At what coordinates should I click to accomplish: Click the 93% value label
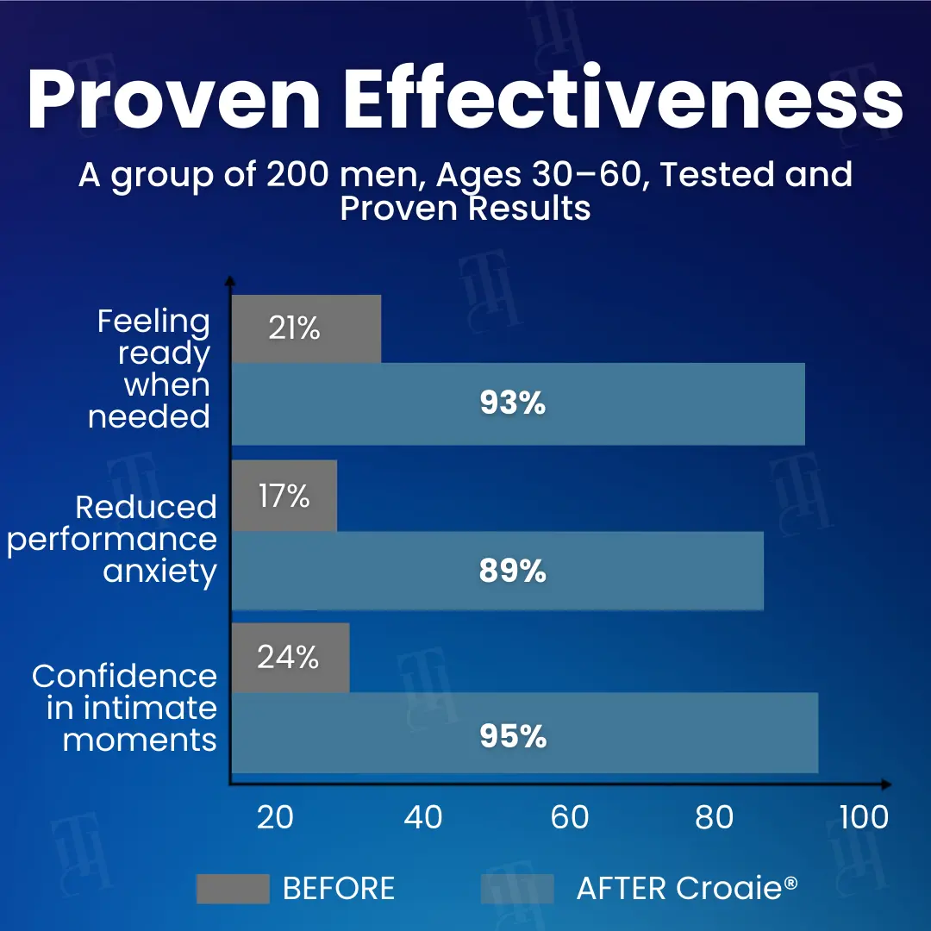[513, 403]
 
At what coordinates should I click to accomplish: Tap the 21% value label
[294, 328]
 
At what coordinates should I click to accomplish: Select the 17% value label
[284, 496]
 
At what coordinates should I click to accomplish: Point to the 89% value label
[513, 571]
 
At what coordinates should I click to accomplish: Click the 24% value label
[288, 658]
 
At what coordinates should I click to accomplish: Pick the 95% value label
[513, 737]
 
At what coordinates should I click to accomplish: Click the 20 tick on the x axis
[276, 817]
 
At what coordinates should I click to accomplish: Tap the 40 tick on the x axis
[423, 817]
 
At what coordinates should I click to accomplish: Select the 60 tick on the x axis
[569, 817]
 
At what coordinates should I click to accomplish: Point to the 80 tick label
[715, 817]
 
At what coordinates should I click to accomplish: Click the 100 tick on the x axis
[864, 817]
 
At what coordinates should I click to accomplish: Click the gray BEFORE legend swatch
[233, 889]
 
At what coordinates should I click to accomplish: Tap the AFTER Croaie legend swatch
[517, 889]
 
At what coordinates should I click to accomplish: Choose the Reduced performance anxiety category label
[112, 539]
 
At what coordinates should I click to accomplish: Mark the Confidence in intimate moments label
[124, 708]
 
